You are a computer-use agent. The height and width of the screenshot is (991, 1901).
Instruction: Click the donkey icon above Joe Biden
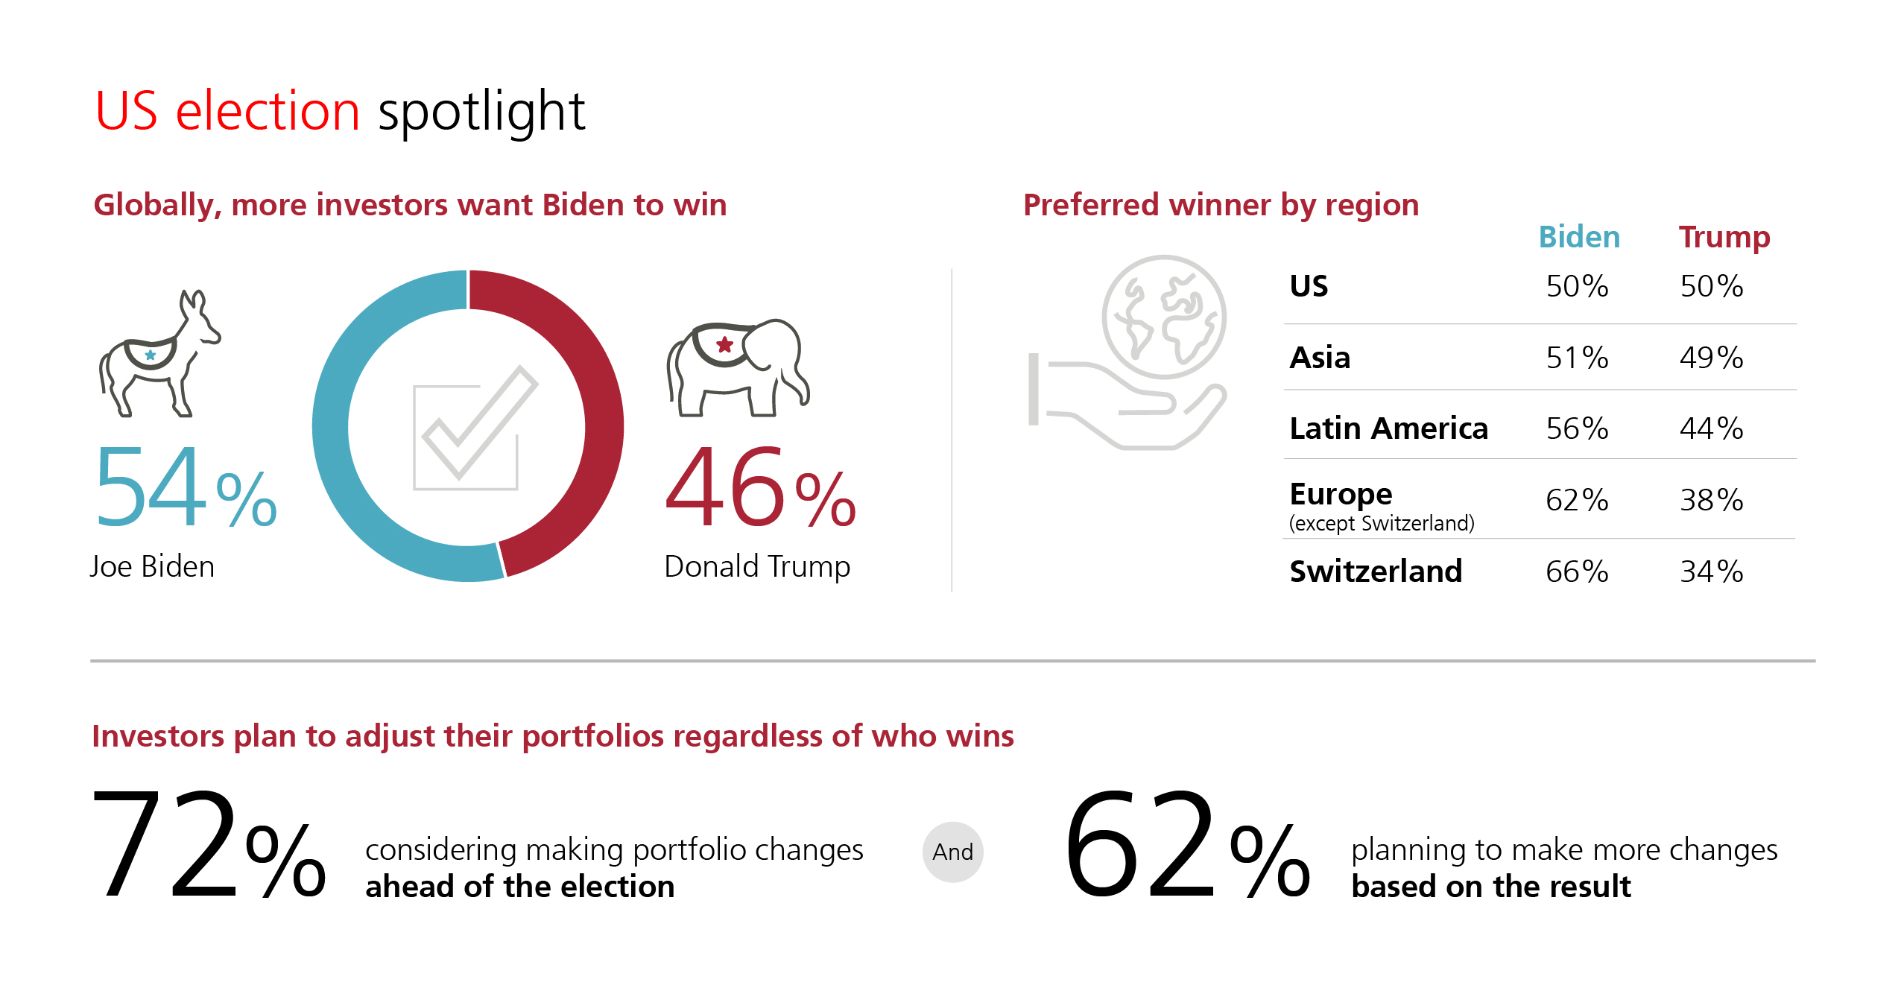point(159,353)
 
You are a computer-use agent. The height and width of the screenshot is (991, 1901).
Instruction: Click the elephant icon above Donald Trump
point(738,367)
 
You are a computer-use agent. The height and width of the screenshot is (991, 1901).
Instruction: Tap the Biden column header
point(1579,237)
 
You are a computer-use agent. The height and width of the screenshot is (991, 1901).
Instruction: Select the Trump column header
point(1724,238)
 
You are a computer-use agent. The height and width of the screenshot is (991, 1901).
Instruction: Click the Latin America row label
point(1388,428)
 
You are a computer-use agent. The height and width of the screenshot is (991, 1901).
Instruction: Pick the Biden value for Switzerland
point(1577,572)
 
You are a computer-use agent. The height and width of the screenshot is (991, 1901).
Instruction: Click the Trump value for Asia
point(1711,358)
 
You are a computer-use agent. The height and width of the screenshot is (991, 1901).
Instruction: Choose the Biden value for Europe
point(1577,500)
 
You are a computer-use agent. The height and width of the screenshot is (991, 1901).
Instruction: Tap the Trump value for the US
point(1711,286)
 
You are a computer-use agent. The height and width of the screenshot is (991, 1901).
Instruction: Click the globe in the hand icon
point(1165,317)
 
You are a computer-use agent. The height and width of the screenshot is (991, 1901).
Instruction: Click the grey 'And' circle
point(953,852)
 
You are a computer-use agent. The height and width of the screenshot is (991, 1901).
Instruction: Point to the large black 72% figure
point(209,843)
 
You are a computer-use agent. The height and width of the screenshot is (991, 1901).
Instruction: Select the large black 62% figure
point(1187,843)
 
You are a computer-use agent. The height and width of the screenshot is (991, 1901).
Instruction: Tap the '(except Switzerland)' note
point(1382,524)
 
